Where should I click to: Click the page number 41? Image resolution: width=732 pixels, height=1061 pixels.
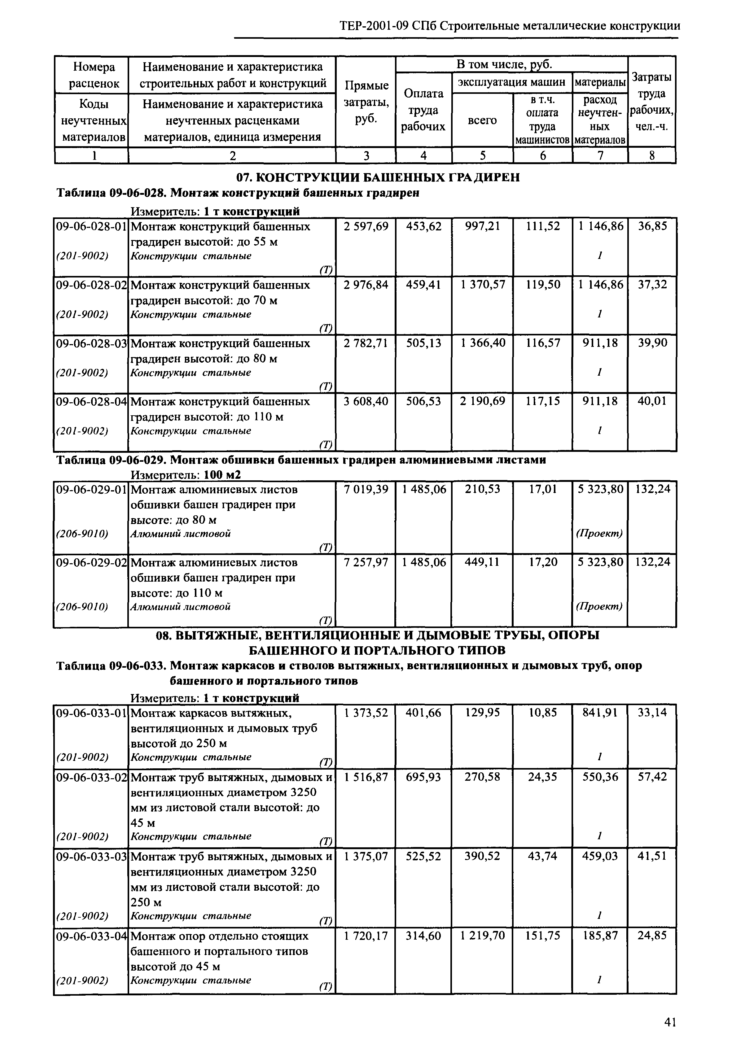point(670,1031)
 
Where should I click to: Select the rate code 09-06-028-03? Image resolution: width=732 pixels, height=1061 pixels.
point(91,343)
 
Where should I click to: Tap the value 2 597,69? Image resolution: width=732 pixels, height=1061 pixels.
point(366,226)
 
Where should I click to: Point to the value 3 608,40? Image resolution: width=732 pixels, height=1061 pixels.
point(366,402)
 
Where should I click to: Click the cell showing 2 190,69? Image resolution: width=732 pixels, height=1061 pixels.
point(483,402)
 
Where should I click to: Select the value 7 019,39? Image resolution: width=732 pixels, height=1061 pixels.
point(366,490)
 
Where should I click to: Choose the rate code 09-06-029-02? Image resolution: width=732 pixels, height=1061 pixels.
point(91,563)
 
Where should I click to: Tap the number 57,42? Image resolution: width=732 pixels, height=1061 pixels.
point(652,777)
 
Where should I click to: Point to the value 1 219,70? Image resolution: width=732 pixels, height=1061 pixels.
point(483,936)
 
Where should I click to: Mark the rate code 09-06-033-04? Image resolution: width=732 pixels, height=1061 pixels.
point(91,936)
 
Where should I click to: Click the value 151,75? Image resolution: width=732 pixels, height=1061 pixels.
point(543,936)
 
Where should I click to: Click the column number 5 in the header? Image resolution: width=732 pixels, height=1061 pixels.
point(483,156)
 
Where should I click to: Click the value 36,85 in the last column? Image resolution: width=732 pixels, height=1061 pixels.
point(652,226)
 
